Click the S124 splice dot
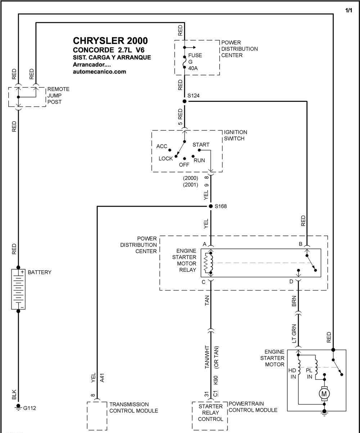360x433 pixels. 184,101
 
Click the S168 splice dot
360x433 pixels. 211,206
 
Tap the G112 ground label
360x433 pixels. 30,408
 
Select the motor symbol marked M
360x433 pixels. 324,394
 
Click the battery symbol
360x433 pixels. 18,289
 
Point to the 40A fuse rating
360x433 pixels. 193,68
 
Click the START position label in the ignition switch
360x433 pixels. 201,145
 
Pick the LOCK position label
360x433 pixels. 166,159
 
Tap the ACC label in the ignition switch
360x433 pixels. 162,146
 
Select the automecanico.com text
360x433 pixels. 99,72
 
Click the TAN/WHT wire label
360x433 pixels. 207,357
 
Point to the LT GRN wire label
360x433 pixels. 294,333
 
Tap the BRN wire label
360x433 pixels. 294,301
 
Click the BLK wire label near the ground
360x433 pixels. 14,394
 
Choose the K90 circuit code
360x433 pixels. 216,380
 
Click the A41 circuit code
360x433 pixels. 102,378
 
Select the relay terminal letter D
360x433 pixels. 291,281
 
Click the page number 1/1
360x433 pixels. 348,10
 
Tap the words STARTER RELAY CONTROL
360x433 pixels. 211,413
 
